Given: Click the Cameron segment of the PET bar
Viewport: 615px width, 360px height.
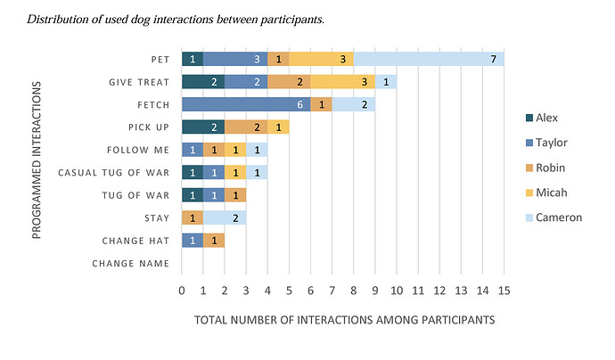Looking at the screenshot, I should pos(429,59).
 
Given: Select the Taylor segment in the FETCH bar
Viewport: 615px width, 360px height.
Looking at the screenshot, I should pos(246,104).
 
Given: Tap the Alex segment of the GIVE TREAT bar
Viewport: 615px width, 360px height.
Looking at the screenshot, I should pos(203,82).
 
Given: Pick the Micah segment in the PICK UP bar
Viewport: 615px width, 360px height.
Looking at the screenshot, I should pos(278,127).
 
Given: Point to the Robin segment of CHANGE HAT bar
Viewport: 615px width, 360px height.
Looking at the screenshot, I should pos(214,240).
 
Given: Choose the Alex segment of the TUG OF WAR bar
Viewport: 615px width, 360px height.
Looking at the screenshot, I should pos(193,194).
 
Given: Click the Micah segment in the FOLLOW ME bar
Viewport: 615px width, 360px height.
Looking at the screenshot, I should pos(235,150).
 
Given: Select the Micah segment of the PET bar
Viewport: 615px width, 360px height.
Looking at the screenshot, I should pos(321,59).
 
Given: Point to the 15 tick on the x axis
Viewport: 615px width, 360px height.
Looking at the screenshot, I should pos(504,290).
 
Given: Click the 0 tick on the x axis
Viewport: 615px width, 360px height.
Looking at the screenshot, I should pos(182,290).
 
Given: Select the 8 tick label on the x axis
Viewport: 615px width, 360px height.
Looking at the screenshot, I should pos(354,290).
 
